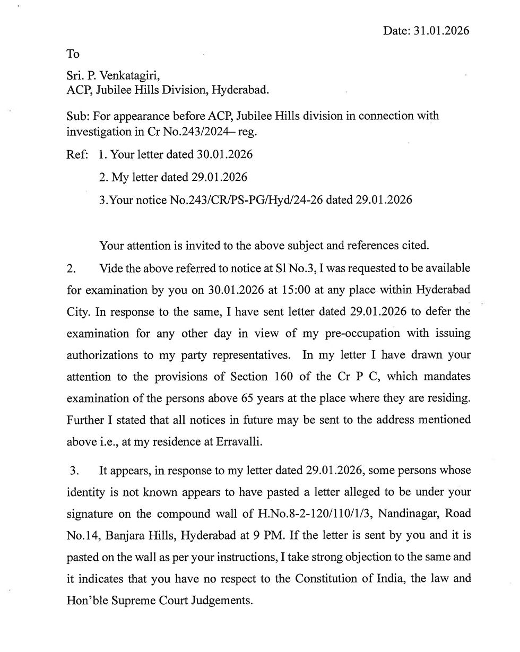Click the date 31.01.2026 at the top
(x=441, y=31)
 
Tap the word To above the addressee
(x=73, y=54)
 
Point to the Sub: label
(x=77, y=116)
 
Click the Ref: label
(x=77, y=155)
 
